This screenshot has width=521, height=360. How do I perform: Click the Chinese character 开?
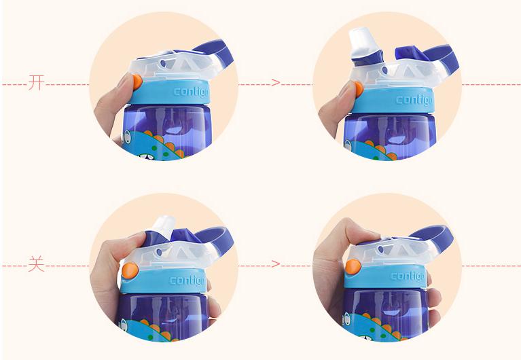click(x=36, y=82)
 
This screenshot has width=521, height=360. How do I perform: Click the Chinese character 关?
click(x=36, y=264)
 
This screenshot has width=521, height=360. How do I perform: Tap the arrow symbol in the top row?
click(x=276, y=82)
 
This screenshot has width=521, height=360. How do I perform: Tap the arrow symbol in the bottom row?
click(x=276, y=264)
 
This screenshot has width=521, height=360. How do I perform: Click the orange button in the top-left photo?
click(x=137, y=82)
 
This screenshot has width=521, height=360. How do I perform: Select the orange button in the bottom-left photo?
click(x=130, y=270)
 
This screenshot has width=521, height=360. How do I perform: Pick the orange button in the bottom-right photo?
click(x=353, y=266)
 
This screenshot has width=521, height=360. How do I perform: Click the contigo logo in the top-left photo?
click(x=191, y=92)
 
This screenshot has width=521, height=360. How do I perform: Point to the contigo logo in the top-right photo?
click(x=414, y=100)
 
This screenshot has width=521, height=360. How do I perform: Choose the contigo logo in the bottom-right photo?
click(x=408, y=276)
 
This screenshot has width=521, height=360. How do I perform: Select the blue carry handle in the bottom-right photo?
click(x=433, y=235)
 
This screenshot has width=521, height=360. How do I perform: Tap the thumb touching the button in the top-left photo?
click(x=122, y=89)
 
